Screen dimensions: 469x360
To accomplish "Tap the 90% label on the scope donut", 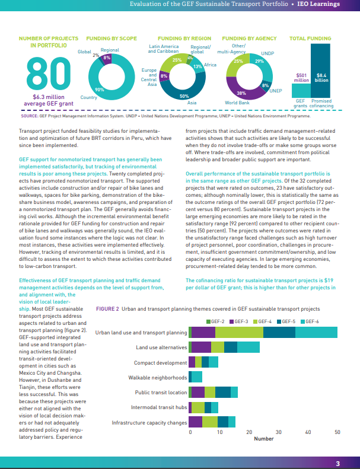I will point(100,90).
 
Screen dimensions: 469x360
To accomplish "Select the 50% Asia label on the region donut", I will point(184,96).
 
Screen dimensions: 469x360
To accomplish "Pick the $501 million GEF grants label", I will point(302,78).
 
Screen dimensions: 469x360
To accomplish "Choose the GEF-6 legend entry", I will point(310,321).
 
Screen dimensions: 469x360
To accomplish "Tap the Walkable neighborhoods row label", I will point(158,377).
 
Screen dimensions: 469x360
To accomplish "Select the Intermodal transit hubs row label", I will point(159,407).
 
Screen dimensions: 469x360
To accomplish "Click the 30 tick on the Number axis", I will point(278,432).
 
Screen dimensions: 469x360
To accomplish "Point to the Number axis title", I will point(263,439).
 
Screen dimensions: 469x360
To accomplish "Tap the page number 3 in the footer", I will point(337,464).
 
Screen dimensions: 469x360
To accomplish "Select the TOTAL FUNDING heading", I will point(310,39).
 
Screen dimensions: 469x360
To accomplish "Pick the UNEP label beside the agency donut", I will point(276,91).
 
